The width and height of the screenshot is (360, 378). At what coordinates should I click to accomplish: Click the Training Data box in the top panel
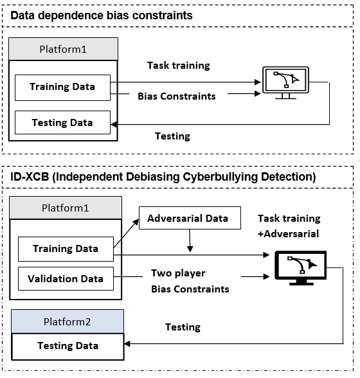coord(62,87)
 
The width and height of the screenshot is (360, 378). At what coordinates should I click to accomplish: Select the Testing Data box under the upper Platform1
coord(62,122)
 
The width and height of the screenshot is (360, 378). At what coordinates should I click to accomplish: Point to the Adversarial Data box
coord(187,219)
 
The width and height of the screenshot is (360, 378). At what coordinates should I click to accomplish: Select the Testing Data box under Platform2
coord(67,346)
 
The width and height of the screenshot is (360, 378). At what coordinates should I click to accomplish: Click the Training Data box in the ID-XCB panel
coord(66,248)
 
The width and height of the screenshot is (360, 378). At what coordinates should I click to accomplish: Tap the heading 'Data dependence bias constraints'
coord(103,15)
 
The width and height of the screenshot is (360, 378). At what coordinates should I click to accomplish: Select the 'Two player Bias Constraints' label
coord(190,281)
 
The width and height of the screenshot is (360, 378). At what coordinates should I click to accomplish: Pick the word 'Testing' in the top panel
coord(173,136)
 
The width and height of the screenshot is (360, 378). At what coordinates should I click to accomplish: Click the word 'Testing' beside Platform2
coord(182,327)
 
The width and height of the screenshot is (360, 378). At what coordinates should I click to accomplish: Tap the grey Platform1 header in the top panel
coord(63,49)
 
